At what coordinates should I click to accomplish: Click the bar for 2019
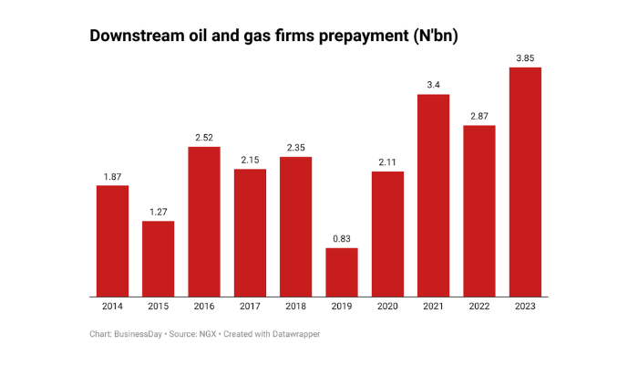coord(342,272)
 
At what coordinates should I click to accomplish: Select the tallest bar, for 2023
coord(525,182)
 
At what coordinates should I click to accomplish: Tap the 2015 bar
coord(158,258)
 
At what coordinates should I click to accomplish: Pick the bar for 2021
coord(434,195)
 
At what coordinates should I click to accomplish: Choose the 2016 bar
coord(204,221)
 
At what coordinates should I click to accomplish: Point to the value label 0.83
coord(342,239)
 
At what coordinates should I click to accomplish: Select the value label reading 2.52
coord(204,138)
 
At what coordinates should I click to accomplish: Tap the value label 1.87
coord(112,177)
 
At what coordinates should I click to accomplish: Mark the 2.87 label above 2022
coord(479,117)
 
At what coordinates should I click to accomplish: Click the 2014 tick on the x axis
coord(112,308)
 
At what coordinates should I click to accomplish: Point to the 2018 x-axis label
coord(295,308)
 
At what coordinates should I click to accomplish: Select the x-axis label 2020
coord(387,308)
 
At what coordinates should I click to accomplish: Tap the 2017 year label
coord(250,308)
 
